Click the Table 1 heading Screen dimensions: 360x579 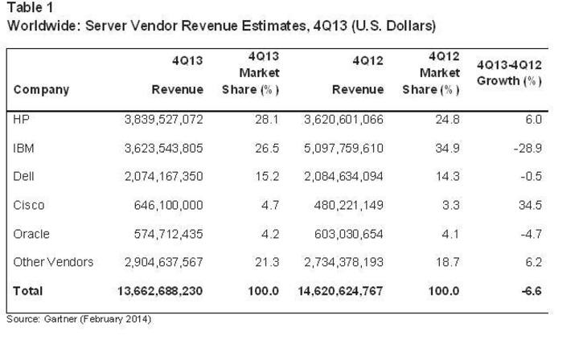click(x=29, y=9)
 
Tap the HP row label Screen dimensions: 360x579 click(x=23, y=119)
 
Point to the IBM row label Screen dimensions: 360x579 click(x=25, y=148)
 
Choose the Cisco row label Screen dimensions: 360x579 click(x=29, y=205)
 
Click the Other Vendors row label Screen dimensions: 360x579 click(x=54, y=262)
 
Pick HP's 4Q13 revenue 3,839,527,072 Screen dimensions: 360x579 click(x=164, y=119)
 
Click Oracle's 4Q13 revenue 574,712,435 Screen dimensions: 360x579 click(x=170, y=234)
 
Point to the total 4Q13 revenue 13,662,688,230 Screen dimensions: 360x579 click(x=161, y=291)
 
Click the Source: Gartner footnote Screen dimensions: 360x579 click(x=79, y=319)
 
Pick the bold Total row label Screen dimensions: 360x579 click(x=28, y=291)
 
